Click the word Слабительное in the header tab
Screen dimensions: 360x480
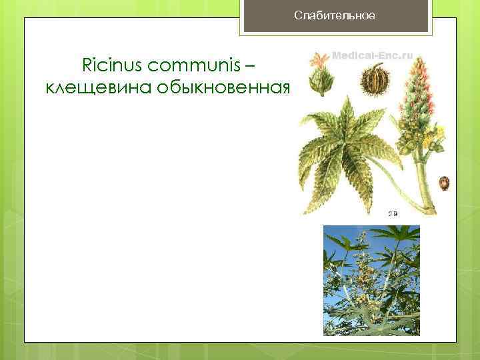coord(335,15)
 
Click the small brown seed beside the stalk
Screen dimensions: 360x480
coord(444,182)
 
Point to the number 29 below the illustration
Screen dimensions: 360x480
coord(393,213)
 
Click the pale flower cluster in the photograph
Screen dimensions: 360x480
coord(363,267)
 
